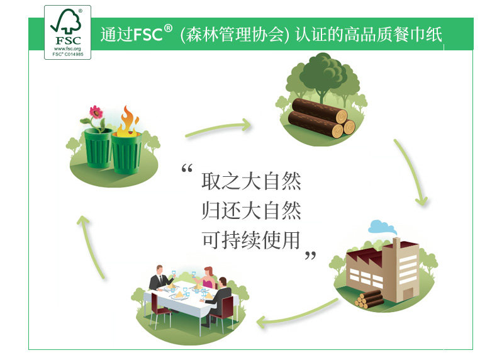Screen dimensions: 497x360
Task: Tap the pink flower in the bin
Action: click(x=96, y=114)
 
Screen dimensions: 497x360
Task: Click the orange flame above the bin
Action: click(x=128, y=121)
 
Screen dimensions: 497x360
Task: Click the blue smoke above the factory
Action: click(x=383, y=226)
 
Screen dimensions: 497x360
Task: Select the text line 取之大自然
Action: click(x=251, y=182)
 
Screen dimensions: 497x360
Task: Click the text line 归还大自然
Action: click(x=251, y=210)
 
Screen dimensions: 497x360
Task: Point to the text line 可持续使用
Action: click(x=251, y=239)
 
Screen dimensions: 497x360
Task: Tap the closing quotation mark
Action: click(x=310, y=256)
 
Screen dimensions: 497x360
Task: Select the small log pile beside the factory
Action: click(x=369, y=298)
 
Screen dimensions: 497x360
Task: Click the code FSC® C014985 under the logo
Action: click(x=67, y=54)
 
